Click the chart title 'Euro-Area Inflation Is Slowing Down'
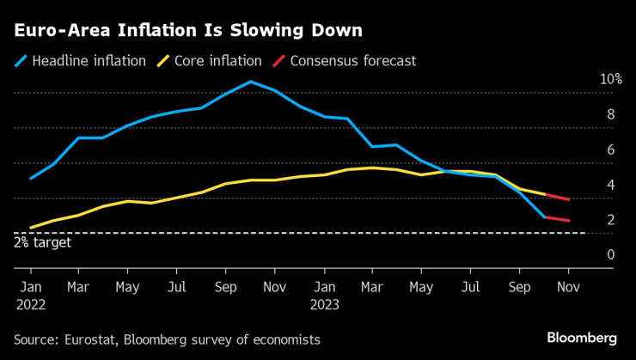187,31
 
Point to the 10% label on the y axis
610,79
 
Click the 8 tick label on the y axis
610,114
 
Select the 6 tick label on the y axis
610,149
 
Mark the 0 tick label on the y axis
610,254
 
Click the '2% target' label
42,243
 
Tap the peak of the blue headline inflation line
250,82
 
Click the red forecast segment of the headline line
557,219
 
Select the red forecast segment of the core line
557,197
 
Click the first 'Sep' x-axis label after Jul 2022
225,286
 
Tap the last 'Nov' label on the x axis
568,286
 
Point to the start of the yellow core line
31,228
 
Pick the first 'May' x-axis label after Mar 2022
127,286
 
